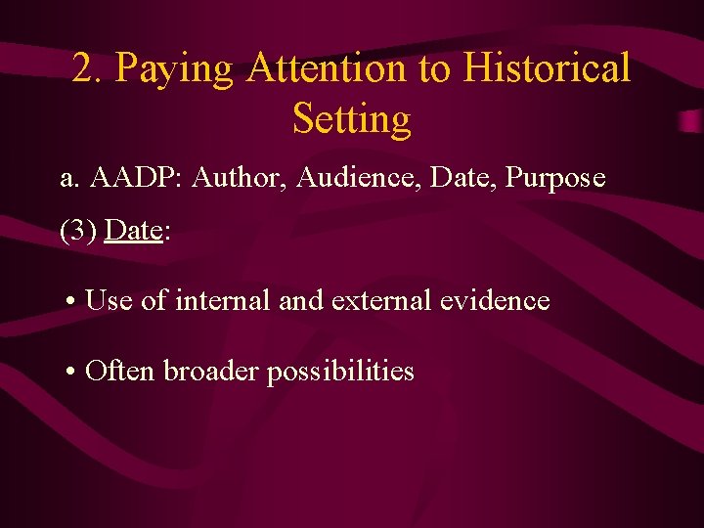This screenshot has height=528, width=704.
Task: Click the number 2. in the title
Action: [x=89, y=69]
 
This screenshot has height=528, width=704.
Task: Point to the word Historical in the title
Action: [x=548, y=69]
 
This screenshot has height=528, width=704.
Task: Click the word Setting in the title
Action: [x=352, y=119]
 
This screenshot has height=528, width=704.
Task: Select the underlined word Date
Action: [x=133, y=231]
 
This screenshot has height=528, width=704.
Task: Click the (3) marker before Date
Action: [x=78, y=231]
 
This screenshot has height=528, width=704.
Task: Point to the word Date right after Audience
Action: [x=455, y=178]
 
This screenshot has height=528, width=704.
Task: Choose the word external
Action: [x=382, y=300]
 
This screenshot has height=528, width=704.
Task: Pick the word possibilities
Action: [x=341, y=372]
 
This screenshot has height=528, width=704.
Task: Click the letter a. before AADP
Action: [x=68, y=179]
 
